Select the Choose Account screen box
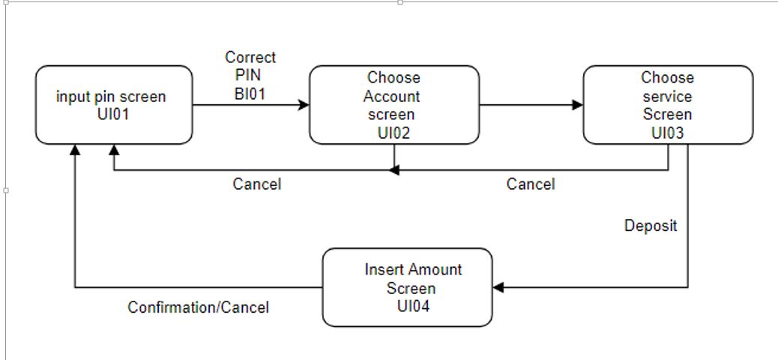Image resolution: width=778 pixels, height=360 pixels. coord(394,105)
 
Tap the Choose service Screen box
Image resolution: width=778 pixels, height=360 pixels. coord(668,105)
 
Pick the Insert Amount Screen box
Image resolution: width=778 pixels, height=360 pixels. coord(408,288)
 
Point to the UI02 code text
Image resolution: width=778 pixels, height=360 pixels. coord(393,133)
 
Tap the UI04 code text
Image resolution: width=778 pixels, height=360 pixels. coord(412,306)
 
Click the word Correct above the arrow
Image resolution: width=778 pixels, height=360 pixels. coord(250,58)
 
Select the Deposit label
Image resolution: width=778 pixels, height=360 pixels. coord(651,226)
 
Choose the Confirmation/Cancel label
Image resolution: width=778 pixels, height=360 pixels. coord(198,307)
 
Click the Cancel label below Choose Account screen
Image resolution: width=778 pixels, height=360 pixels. coord(256,184)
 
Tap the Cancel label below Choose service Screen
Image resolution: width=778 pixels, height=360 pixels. coord(531,184)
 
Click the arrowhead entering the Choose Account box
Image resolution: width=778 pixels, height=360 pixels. coord(304,105)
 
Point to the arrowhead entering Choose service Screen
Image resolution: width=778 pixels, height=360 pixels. coord(578,105)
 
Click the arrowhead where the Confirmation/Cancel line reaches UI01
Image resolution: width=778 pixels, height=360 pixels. coord(75,150)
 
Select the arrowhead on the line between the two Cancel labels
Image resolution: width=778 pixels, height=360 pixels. coord(393,170)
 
